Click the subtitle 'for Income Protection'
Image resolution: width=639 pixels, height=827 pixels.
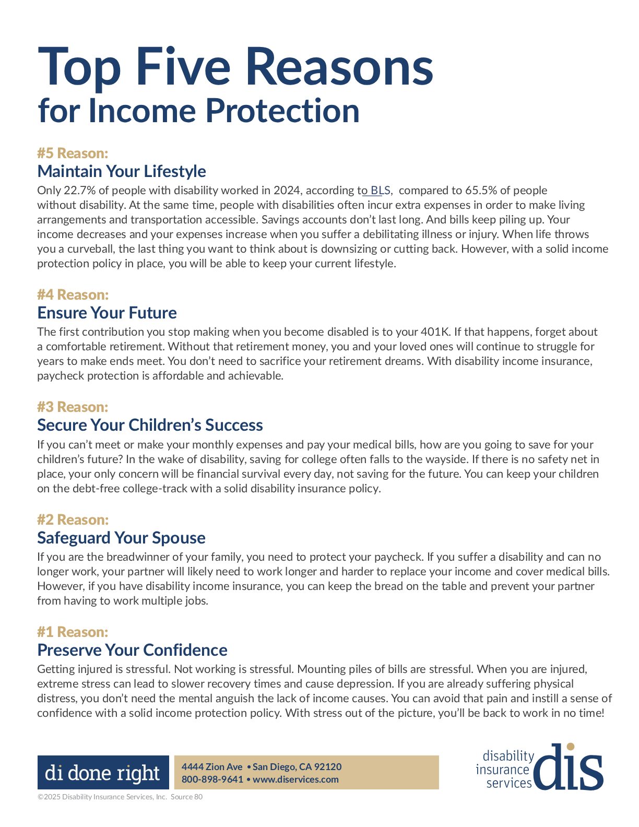[198, 111]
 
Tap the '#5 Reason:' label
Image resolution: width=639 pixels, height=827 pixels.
[73, 153]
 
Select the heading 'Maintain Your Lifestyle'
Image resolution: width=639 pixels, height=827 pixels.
[122, 171]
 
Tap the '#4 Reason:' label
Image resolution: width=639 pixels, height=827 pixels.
[73, 294]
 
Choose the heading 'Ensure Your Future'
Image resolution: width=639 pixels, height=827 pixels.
[107, 313]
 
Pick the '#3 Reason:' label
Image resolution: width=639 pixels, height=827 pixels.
[73, 407]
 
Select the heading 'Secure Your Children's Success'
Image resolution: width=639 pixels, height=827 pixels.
[150, 425]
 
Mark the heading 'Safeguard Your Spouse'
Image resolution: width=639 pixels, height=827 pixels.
[121, 538]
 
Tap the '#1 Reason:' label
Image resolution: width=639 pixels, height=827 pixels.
[73, 632]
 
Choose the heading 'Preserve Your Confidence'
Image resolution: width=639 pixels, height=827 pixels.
[132, 650]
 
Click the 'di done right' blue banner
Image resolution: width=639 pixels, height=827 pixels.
[103, 772]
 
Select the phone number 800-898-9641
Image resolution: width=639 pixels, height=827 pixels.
[212, 779]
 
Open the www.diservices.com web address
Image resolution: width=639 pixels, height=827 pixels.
[295, 779]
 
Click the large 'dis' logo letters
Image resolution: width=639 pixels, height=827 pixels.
[569, 767]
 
